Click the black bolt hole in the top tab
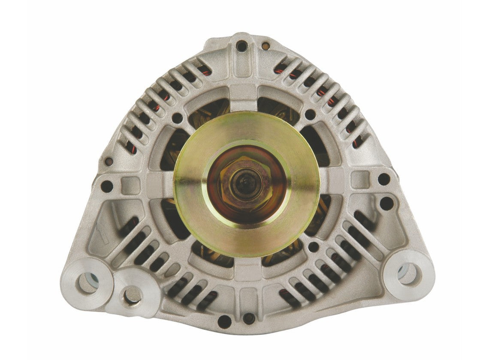click(x=241, y=46)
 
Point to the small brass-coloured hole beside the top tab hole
click(x=266, y=44)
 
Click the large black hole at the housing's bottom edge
click(x=224, y=321)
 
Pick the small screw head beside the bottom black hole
click(x=248, y=318)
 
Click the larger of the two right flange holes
click(x=386, y=203)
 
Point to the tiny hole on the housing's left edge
click(x=109, y=162)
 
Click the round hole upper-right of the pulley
click(x=310, y=114)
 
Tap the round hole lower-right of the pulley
click(x=314, y=247)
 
